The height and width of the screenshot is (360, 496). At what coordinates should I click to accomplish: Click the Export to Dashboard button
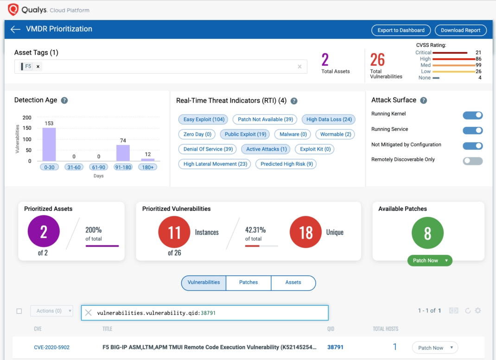click(401, 30)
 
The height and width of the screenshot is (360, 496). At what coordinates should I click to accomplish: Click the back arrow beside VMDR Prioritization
click(15, 29)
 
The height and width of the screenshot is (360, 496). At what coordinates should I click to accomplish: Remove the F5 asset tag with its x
click(38, 67)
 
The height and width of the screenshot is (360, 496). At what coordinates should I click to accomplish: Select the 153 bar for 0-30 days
click(49, 145)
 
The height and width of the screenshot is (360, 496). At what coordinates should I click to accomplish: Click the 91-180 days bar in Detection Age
click(123, 153)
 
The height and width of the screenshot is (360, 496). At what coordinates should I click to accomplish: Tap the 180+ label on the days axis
click(148, 167)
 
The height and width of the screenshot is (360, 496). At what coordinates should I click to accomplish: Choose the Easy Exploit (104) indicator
click(203, 120)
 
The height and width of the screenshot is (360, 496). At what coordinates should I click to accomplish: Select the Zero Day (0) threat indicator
click(197, 134)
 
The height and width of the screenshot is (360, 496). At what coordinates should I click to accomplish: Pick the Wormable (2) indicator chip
click(335, 134)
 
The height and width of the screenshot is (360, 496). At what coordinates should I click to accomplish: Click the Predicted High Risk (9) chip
click(286, 164)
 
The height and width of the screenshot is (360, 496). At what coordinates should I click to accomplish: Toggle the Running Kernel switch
click(473, 115)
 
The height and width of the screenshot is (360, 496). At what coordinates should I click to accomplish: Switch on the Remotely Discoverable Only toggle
click(473, 161)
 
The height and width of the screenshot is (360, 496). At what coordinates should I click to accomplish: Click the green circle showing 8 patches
click(427, 233)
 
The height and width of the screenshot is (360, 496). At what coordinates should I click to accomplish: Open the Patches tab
click(248, 283)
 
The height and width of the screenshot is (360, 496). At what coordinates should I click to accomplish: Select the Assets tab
click(293, 283)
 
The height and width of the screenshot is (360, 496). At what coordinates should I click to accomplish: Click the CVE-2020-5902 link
click(52, 347)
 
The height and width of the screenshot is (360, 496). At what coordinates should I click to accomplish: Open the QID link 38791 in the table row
click(335, 347)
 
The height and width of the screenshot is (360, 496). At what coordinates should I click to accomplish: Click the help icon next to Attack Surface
click(424, 101)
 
